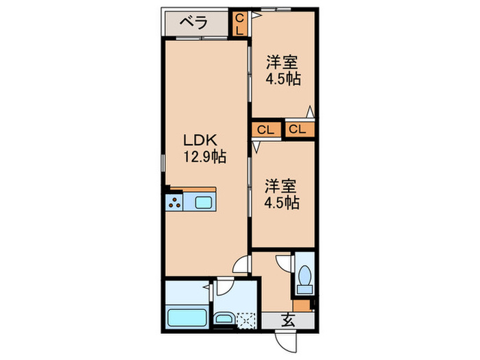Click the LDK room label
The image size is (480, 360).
pyautogui.click(x=200, y=140)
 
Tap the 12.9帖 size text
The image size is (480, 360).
pyautogui.click(x=204, y=156)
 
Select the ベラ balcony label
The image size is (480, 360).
pyautogui.click(x=193, y=23)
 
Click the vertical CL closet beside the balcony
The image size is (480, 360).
pyautogui.click(x=239, y=24)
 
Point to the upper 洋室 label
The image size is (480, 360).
pyautogui.click(x=282, y=62)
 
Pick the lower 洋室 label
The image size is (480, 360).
pyautogui.click(x=282, y=186)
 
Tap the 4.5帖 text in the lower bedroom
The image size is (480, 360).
pyautogui.click(x=283, y=203)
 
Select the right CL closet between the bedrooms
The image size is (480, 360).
pyautogui.click(x=298, y=129)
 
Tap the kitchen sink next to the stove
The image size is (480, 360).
pyautogui.click(x=204, y=202)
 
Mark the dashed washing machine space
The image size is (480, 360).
pyautogui.click(x=245, y=320)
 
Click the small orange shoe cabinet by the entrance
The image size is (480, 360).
pyautogui.click(x=301, y=306)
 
